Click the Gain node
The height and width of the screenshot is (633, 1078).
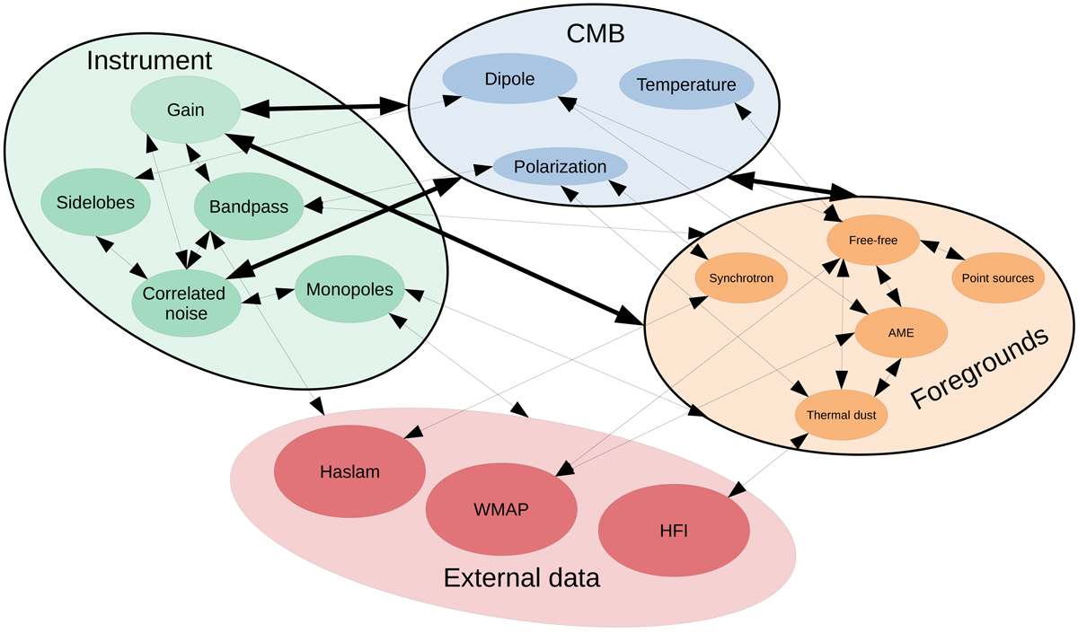pyautogui.click(x=185, y=110)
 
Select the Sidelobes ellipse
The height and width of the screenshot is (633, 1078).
pyautogui.click(x=88, y=202)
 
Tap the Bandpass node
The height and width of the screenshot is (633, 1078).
pyautogui.click(x=248, y=207)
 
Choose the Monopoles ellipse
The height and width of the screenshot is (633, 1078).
pyautogui.click(x=349, y=290)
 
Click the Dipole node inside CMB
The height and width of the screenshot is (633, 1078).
pyautogui.click(x=508, y=79)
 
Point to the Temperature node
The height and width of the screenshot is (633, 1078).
pyautogui.click(x=685, y=85)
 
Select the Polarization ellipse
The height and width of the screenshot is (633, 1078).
pyautogui.click(x=560, y=167)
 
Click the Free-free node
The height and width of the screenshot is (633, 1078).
pyautogui.click(x=872, y=240)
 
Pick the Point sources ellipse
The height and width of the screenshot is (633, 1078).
pyautogui.click(x=999, y=277)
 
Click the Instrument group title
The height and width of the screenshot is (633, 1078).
pyautogui.click(x=149, y=61)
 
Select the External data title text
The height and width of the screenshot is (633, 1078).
pyautogui.click(x=521, y=577)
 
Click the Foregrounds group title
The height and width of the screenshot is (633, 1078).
pyautogui.click(x=980, y=371)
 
